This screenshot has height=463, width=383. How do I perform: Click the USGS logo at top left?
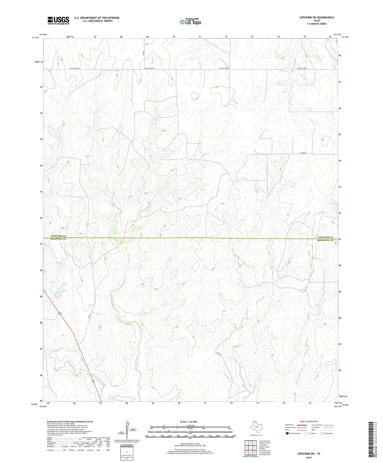(x=58, y=20)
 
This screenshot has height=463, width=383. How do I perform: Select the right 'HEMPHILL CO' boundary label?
(x=325, y=240)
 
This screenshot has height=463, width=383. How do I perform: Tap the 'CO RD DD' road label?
(x=303, y=153)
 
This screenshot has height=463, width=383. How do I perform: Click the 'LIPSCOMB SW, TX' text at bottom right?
(x=309, y=454)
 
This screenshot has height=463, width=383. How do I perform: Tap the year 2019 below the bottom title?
(x=309, y=458)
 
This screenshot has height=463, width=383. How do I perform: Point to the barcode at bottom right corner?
(x=374, y=443)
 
